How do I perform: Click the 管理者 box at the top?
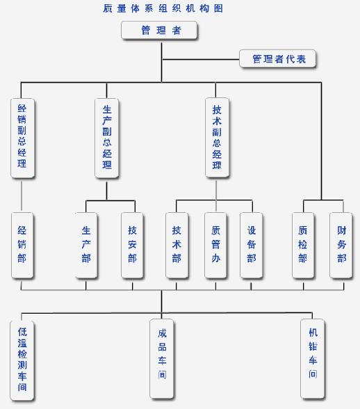[159, 31]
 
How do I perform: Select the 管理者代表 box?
[277, 58]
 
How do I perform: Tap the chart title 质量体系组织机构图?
[163, 8]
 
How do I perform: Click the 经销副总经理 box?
[22, 138]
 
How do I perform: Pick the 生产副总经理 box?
[106, 138]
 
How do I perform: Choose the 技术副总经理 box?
[217, 138]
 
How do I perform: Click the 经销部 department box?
[22, 245]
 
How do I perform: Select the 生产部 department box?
[86, 245]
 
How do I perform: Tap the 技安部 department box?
[132, 245]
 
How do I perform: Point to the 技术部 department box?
[177, 245]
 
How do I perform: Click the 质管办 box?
[215, 245]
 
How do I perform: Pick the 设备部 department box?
[252, 245]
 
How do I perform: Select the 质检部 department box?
[303, 245]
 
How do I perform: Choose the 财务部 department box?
[341, 245]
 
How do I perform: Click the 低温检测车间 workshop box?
[22, 360]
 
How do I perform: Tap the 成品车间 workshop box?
[162, 359]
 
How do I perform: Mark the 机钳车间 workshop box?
[313, 359]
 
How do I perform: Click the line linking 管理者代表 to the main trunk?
[201, 60]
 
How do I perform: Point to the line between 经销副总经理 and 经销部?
[22, 195]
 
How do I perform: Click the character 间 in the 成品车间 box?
[162, 374]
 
